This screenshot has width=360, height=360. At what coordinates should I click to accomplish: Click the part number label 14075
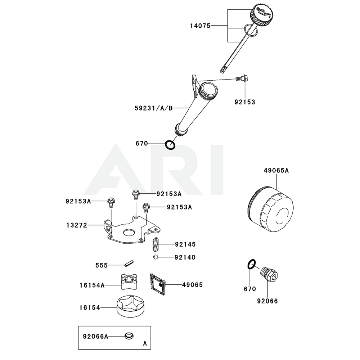tap(201, 26)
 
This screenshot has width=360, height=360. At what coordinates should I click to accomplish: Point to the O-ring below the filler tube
tap(170, 145)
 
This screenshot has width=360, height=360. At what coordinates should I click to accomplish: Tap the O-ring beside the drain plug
tap(252, 265)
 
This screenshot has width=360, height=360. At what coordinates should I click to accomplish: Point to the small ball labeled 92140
tap(154, 257)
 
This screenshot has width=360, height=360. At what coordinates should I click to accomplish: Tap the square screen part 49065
tap(158, 284)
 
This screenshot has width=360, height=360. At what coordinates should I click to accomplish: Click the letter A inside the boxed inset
tap(145, 343)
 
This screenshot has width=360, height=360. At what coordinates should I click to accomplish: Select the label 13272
tap(77, 225)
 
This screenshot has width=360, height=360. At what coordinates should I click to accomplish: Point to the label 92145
tap(185, 244)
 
